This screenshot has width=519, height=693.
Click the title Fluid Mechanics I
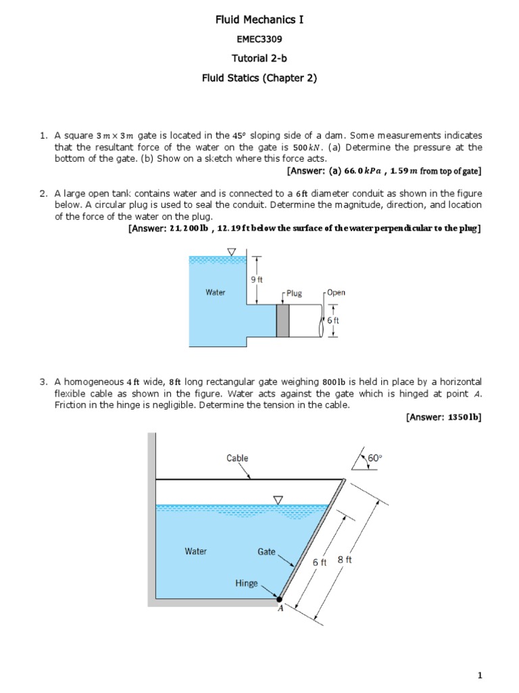click(259, 21)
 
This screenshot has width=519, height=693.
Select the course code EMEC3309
click(259, 40)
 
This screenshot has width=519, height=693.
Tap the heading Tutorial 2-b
click(259, 59)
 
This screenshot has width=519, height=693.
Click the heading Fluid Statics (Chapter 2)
click(259, 78)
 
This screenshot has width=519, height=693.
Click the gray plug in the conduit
click(282, 320)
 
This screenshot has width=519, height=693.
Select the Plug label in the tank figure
click(294, 294)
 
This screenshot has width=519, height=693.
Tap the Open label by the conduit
click(336, 292)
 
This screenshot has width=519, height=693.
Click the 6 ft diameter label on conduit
click(333, 321)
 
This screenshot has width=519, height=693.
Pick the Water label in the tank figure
click(216, 292)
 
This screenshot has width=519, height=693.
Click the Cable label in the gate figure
click(237, 458)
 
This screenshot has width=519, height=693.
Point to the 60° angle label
click(374, 459)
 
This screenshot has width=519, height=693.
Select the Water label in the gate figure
click(196, 551)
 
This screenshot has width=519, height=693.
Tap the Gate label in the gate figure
click(267, 551)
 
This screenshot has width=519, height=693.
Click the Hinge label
click(247, 582)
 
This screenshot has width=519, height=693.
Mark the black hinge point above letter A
click(278, 599)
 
